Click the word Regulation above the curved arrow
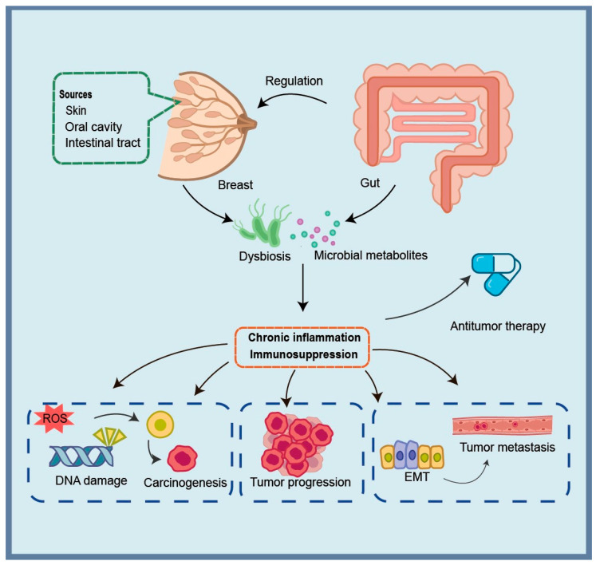point(294,81)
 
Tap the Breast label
point(235,185)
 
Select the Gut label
point(370,183)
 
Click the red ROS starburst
point(55,418)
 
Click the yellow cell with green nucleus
point(160,425)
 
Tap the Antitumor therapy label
point(498,326)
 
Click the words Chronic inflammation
point(304,338)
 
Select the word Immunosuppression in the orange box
point(304,354)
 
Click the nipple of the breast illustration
point(248,124)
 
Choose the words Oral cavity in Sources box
point(93,127)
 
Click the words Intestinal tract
point(103,143)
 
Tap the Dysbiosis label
point(265,256)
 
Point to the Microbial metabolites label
point(370,255)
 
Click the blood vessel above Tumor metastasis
point(502,425)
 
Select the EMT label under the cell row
point(416,476)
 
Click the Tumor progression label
point(300,482)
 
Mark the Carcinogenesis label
point(185,483)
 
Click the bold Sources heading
point(75,94)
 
